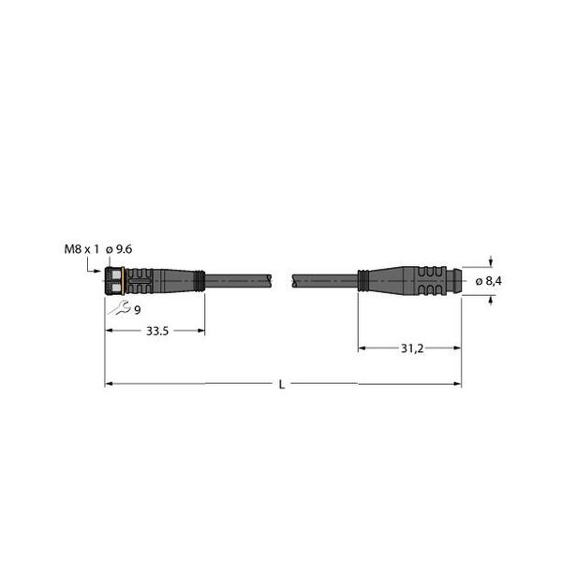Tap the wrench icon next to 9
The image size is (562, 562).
tap(120, 310)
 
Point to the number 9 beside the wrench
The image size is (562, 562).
tap(137, 310)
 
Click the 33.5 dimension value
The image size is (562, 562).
tap(155, 331)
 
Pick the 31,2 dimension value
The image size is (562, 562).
tap(409, 348)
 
